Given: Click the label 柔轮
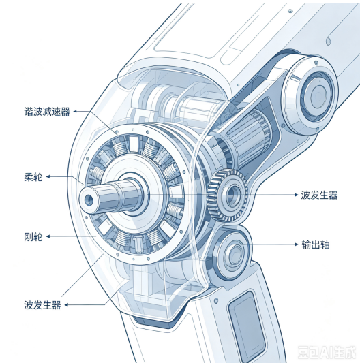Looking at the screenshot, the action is coord(33,177).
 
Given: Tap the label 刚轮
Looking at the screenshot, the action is coord(33,237).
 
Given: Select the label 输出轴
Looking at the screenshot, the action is coord(316,244).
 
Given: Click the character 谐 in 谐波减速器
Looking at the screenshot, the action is coord(29,112).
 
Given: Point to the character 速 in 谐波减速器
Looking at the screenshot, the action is coord(56,112).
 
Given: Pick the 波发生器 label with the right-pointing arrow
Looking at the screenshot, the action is coord(319,195).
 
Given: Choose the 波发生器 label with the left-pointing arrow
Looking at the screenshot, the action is coord(42,305).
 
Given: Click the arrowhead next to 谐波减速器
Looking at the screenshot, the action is coord(75,112).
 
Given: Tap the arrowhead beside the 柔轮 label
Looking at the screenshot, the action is coord(48,177).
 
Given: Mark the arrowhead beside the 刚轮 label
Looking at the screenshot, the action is coord(48,236).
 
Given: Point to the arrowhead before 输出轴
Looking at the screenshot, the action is coord(297,244).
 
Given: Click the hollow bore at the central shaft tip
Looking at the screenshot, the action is coord(89,200).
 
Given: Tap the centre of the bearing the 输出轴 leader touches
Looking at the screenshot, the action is coord(234,253).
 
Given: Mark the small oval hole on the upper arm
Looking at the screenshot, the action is coord(328,42).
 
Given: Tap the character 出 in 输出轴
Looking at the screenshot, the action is coord(316,244).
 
